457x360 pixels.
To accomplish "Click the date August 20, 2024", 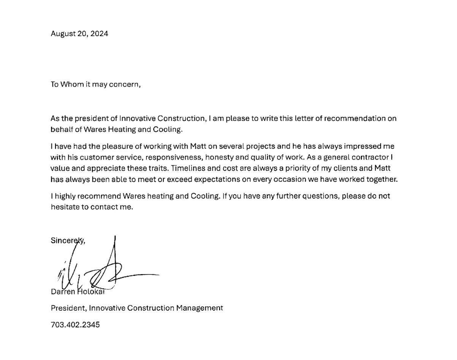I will (x=79, y=34).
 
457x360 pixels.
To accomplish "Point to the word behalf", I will (x=61, y=129).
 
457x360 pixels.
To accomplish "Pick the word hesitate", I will (x=65, y=207).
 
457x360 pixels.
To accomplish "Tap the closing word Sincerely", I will (x=68, y=240).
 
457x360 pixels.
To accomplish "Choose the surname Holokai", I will (x=91, y=292).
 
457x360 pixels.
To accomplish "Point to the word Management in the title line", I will (x=199, y=308).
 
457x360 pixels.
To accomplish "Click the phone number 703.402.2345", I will (x=75, y=325).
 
